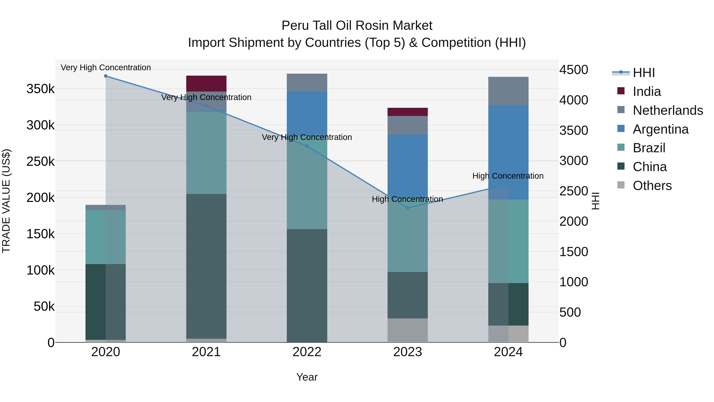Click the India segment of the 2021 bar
coord(206,83)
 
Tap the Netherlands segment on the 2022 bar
coord(307,82)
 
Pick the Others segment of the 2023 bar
coord(407,330)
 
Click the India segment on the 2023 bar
coord(407,112)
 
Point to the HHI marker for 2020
coord(106,76)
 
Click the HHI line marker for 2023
coord(407,208)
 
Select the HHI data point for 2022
coord(307,146)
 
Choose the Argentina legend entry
coord(660,129)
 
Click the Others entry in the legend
coord(652,186)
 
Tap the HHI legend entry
coord(644,73)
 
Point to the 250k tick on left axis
coord(40,161)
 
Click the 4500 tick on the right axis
coord(573,70)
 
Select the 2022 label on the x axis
coord(307,352)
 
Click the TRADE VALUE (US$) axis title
coord(6,201)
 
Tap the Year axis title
coord(307,377)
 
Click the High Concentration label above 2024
coord(508,176)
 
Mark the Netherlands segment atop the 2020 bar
coord(106,207)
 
